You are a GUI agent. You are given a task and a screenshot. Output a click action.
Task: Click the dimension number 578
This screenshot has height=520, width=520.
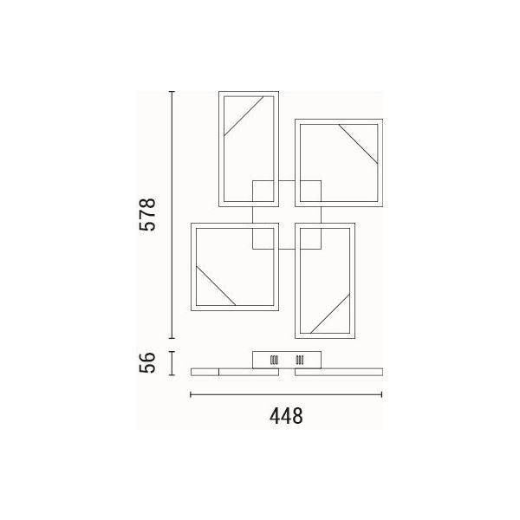147,214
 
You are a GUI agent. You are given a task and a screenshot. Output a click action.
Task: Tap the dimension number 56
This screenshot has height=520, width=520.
147,363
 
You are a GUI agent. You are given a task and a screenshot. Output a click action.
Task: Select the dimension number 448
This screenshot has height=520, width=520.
286,416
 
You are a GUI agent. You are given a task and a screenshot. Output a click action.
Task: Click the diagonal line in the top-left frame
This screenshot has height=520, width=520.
244,116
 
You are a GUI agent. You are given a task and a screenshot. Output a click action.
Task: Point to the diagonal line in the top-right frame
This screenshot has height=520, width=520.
359,144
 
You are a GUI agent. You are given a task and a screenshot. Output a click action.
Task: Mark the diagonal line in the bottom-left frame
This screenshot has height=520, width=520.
216,285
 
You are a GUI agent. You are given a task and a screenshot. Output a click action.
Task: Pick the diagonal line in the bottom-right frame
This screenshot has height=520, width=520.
330,314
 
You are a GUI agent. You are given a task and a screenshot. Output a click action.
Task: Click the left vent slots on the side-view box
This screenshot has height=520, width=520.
274,361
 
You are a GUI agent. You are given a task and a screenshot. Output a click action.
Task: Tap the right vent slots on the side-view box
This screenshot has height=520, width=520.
300,361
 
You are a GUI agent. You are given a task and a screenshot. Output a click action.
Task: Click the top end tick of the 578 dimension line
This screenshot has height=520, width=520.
172,92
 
